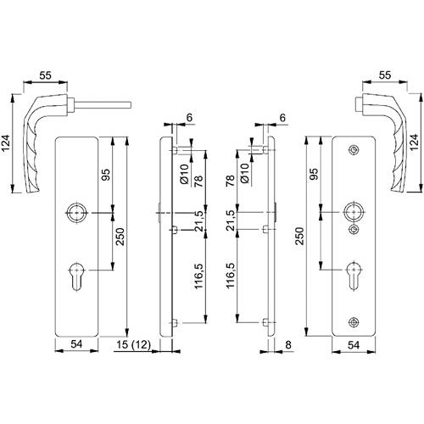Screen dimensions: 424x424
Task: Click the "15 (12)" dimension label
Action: [x=134, y=345]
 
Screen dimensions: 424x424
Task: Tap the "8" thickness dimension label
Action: [x=288, y=345]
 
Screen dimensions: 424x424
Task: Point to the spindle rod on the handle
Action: [x=103, y=105]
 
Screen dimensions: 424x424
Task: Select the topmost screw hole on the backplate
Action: [x=354, y=150]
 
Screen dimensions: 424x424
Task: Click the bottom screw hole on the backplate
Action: [x=354, y=321]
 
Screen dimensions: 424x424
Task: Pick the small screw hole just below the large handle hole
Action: [x=354, y=229]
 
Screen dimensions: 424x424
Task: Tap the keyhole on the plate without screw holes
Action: [x=76, y=276]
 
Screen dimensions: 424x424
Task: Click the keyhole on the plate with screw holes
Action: [x=354, y=276]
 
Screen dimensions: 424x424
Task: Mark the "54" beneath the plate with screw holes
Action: [x=354, y=345]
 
